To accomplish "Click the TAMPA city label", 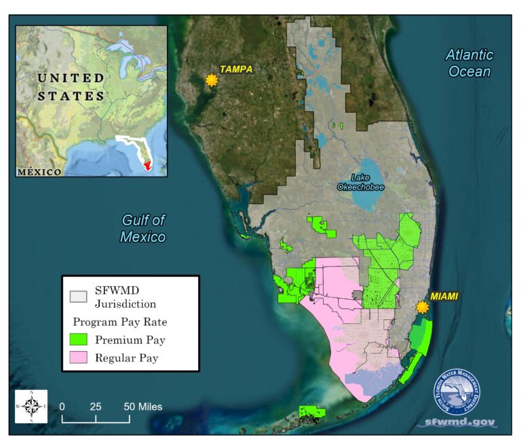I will click(235, 69).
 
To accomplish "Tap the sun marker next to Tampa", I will click(211, 79).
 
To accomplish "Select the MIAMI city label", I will click(444, 296).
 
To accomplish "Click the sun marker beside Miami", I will click(423, 307).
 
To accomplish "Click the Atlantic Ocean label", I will click(469, 63).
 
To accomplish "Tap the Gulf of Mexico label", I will click(143, 228).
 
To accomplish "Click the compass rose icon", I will click(31, 406).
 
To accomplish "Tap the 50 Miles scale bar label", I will click(142, 406).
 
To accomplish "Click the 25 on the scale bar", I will click(96, 406).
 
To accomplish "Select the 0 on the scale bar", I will click(62, 406).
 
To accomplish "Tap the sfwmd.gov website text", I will click(459, 422).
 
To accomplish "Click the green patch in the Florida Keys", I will click(312, 411).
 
